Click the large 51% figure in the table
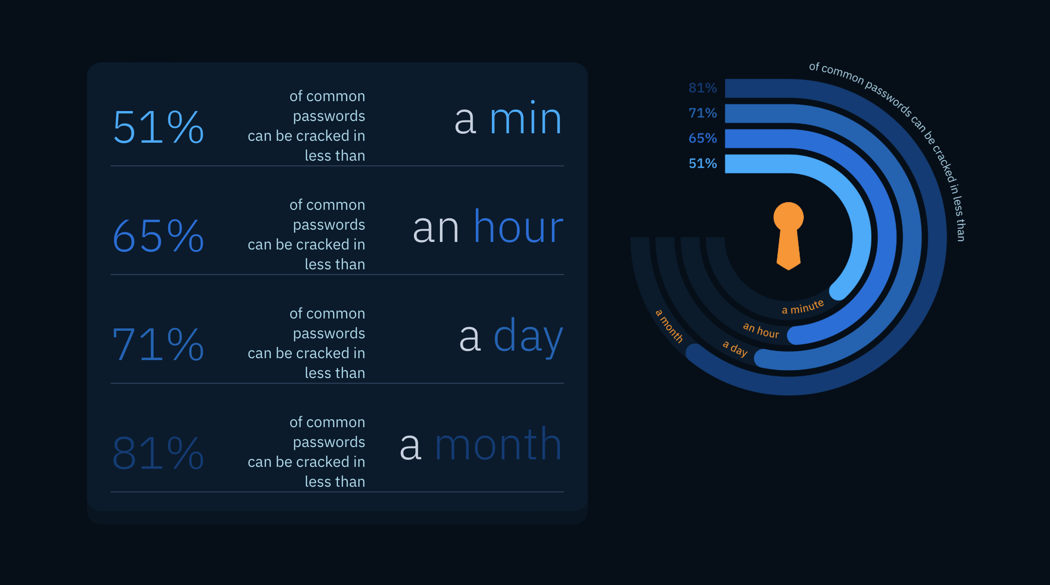pos(158,127)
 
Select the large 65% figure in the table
pos(158,236)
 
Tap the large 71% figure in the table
pos(158,344)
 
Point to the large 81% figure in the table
pos(158,453)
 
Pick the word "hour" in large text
pos(518,228)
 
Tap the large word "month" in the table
pos(498,445)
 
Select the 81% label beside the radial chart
pos(703,88)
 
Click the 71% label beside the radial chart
pos(703,113)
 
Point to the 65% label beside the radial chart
pos(703,138)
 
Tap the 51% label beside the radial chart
pos(703,163)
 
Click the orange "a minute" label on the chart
pos(802,307)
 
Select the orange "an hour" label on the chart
pos(761,330)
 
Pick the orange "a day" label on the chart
pos(735,348)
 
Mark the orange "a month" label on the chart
pos(669,326)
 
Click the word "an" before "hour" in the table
pos(436,229)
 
